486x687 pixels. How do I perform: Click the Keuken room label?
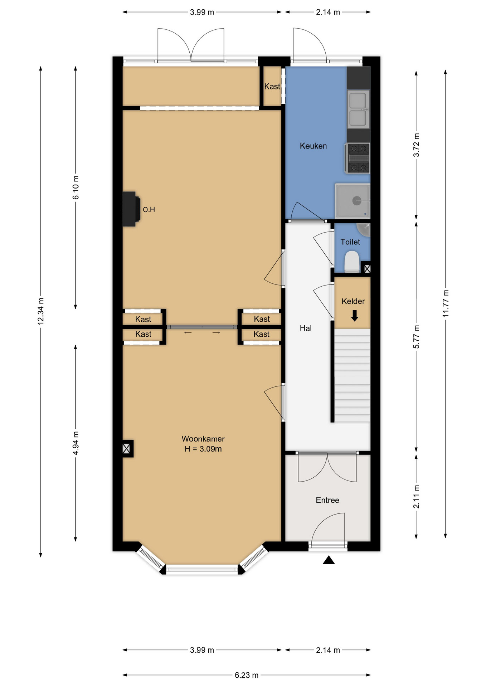(x=313, y=146)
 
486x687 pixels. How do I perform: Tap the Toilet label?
(x=350, y=242)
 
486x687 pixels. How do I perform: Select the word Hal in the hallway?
(x=306, y=328)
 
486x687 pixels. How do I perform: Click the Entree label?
(x=327, y=500)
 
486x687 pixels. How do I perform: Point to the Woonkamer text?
(x=203, y=439)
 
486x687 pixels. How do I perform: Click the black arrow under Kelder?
(x=354, y=316)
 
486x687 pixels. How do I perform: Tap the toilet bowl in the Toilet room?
(x=352, y=262)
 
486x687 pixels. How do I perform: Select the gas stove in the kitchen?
(x=358, y=158)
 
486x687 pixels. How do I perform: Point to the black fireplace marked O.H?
(x=131, y=209)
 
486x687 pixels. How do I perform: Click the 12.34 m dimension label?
(x=41, y=311)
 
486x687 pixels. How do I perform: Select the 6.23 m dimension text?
(x=247, y=675)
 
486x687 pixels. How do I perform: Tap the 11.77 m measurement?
(x=446, y=303)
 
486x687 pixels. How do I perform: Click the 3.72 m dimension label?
(x=416, y=145)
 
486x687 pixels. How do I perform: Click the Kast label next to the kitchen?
(x=272, y=86)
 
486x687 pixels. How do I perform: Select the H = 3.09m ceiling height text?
(x=203, y=449)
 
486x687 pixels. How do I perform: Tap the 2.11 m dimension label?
(x=416, y=497)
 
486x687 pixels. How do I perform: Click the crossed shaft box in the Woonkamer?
(x=126, y=448)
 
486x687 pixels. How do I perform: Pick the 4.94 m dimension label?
(x=76, y=443)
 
